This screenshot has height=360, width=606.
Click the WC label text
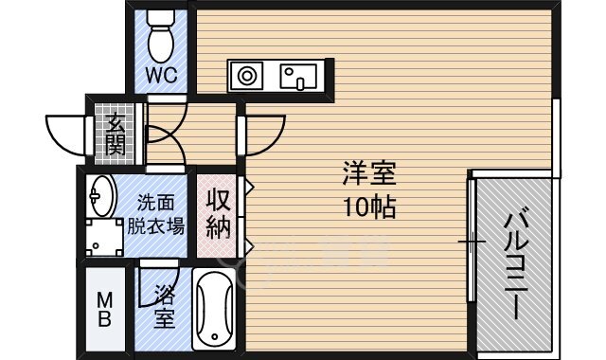(x=162, y=76)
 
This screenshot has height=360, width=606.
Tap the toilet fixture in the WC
(x=162, y=41)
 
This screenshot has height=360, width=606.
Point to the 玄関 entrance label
(x=116, y=134)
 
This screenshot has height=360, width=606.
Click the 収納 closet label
(x=219, y=214)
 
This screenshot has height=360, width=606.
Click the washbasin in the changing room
(x=99, y=197)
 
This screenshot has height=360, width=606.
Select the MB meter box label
(x=104, y=309)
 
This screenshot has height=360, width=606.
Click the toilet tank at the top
(x=162, y=18)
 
